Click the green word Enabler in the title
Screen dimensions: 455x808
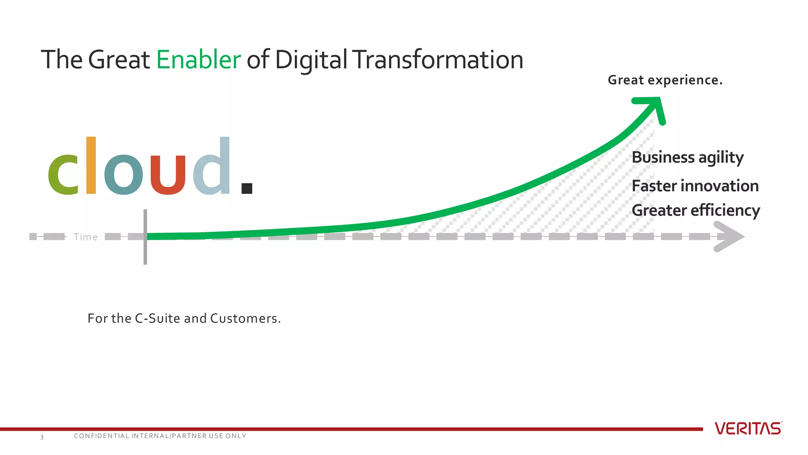[198, 60]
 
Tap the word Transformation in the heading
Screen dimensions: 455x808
[438, 60]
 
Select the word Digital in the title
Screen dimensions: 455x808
[311, 60]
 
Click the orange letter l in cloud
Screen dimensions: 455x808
[91, 165]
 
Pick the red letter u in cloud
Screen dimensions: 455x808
[168, 174]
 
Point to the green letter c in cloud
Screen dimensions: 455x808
[63, 174]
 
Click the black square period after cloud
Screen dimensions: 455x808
[247, 188]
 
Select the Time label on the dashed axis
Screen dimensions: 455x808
[86, 237]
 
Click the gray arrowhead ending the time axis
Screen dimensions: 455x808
[730, 237]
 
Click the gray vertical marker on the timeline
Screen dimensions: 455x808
[145, 237]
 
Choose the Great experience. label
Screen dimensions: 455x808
[665, 80]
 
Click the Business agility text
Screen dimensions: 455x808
[688, 158]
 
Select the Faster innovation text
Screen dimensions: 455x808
[695, 186]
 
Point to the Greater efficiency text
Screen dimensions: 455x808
[696, 211]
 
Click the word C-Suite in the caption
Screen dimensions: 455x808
[157, 318]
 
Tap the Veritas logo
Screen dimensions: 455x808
[748, 429]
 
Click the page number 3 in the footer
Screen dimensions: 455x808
[42, 437]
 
